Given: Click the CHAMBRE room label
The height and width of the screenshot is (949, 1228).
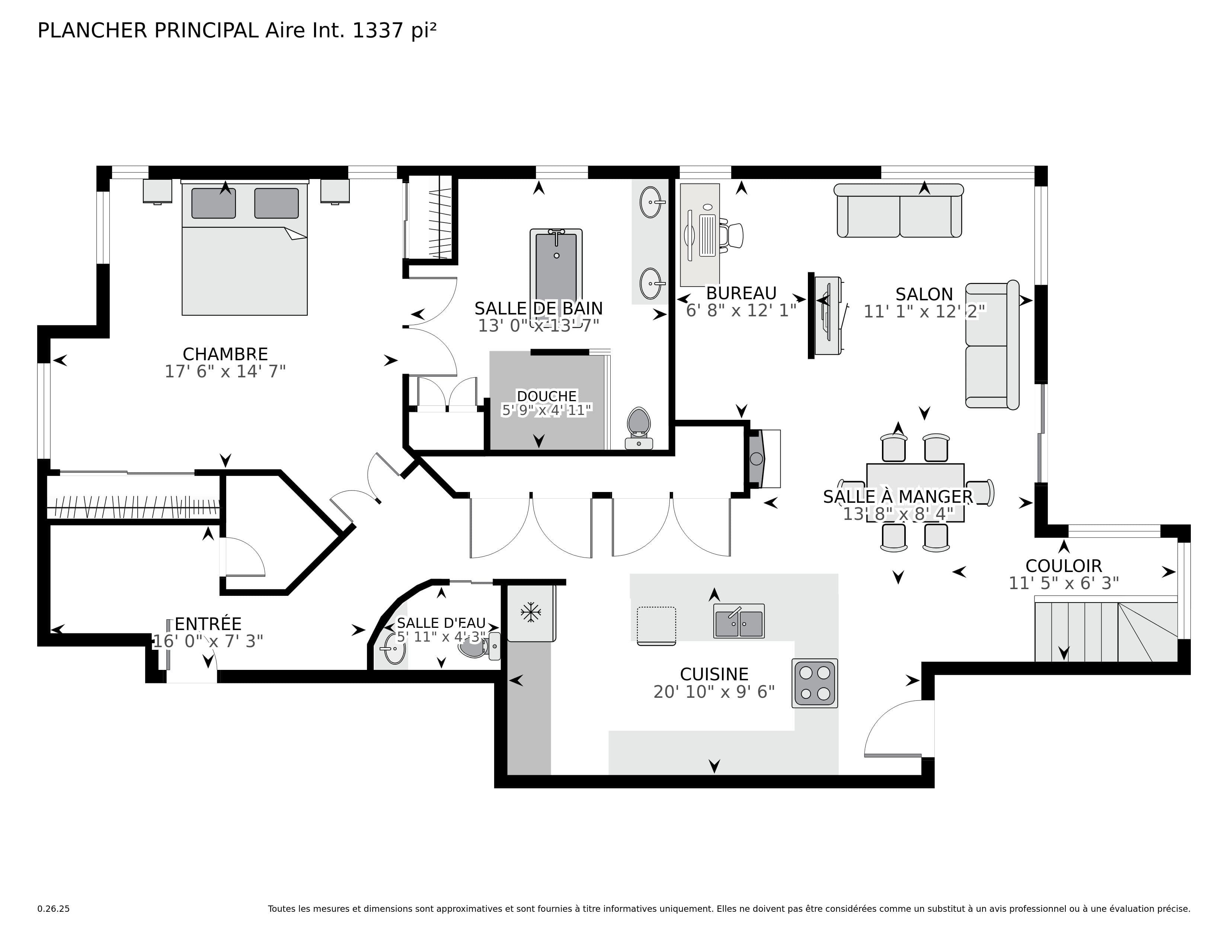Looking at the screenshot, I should coord(225,354).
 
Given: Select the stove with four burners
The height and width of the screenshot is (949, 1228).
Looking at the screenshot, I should coord(815,683).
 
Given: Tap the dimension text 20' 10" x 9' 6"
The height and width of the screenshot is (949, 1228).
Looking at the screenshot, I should coord(714,692).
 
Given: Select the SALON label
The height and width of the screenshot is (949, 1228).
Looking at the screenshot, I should coord(924,294).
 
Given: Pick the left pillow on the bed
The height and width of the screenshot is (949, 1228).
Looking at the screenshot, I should coord(214,203).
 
